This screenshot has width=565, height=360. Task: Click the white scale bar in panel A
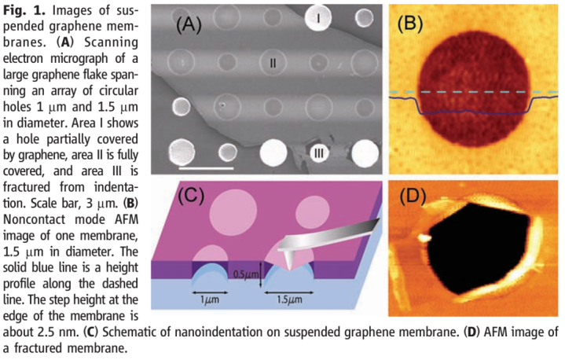point(207,167)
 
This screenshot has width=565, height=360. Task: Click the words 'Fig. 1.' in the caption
point(21,9)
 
